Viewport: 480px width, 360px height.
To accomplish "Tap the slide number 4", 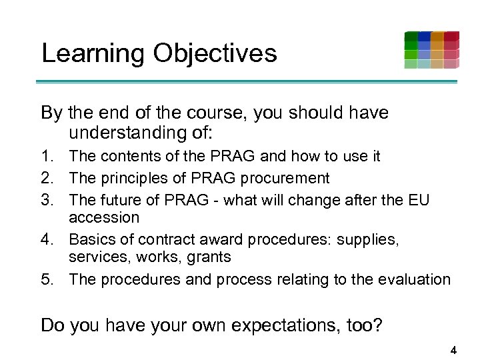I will (x=453, y=350).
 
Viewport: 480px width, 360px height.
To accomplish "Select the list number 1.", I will (x=49, y=157).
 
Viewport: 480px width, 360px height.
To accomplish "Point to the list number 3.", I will (x=49, y=199).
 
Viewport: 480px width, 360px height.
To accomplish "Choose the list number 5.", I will (x=49, y=279).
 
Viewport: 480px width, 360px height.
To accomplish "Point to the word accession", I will (x=104, y=218).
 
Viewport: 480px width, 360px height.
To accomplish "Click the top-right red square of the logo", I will (x=451, y=36).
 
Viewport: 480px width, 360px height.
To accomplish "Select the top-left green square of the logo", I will (x=411, y=36).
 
